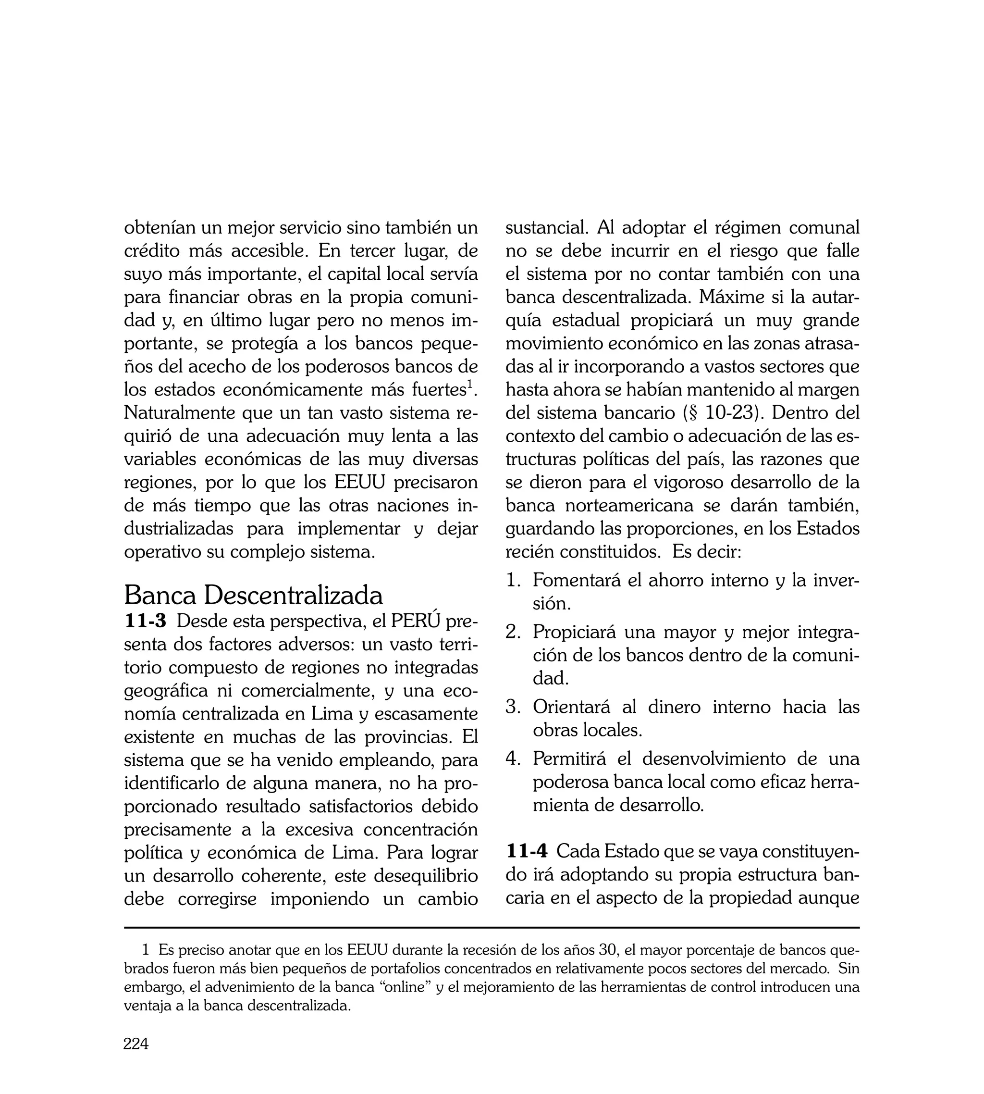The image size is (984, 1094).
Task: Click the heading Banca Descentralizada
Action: point(253,596)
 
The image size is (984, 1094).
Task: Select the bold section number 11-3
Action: point(146,622)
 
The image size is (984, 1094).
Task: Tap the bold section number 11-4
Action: point(527,852)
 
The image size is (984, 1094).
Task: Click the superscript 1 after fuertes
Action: point(470,385)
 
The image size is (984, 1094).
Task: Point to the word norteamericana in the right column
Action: point(629,506)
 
